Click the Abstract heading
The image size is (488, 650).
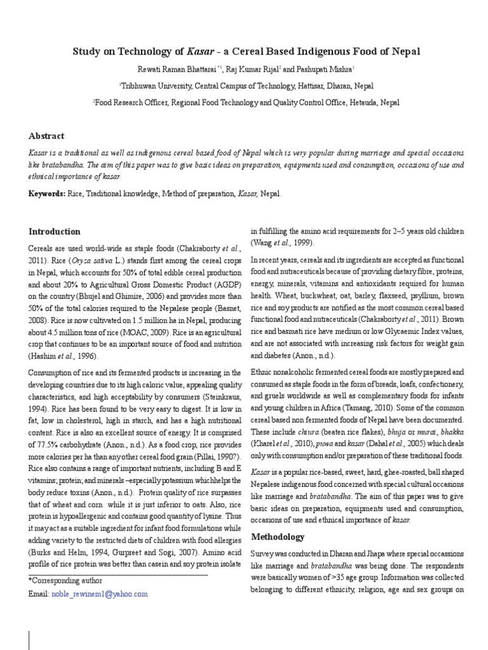(46, 136)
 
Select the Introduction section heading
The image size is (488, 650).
(55, 232)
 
